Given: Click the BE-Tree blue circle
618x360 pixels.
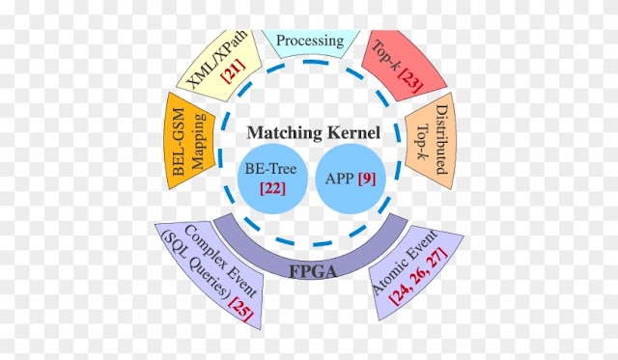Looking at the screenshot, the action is click(272, 179).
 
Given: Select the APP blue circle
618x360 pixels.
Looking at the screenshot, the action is click(351, 179).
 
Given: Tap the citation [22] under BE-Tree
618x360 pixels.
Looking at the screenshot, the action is click(272, 188).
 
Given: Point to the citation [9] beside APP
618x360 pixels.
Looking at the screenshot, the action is click(367, 180).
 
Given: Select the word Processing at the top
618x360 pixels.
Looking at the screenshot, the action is click(310, 41).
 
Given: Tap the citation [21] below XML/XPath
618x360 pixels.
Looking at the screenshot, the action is click(234, 70).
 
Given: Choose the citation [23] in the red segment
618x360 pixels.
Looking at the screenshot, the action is click(410, 80).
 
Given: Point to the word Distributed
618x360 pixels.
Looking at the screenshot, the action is click(442, 139).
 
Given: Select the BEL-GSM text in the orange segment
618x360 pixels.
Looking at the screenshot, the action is click(179, 142).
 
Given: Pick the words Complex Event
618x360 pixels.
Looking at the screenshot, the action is click(220, 261).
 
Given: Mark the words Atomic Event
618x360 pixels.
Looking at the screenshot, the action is click(405, 262).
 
